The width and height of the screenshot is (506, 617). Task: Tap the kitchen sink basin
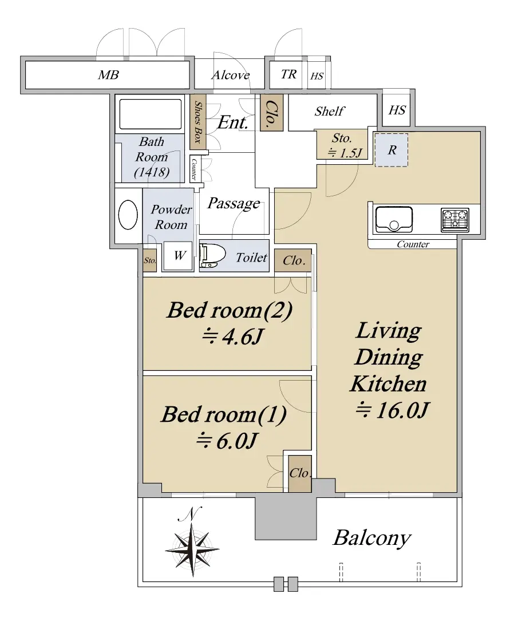394,220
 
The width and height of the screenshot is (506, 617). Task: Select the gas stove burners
455,220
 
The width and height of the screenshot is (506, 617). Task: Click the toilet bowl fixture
212,256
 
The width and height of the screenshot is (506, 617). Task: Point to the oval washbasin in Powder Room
128,215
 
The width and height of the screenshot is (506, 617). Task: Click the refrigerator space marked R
391,150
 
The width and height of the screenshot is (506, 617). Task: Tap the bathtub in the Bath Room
151,114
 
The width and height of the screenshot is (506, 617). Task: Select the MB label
108,75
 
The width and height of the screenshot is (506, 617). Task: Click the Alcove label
231,75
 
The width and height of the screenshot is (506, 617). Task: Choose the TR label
289,74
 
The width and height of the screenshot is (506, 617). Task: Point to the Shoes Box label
198,122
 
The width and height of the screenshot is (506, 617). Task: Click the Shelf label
330,112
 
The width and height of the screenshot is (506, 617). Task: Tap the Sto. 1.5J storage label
345,145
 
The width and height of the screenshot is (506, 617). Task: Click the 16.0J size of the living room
392,410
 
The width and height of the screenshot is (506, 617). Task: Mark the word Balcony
372,538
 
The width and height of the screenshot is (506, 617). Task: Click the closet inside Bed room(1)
300,473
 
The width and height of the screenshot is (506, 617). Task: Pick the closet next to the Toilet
293,260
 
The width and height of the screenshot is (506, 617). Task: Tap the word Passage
234,203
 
